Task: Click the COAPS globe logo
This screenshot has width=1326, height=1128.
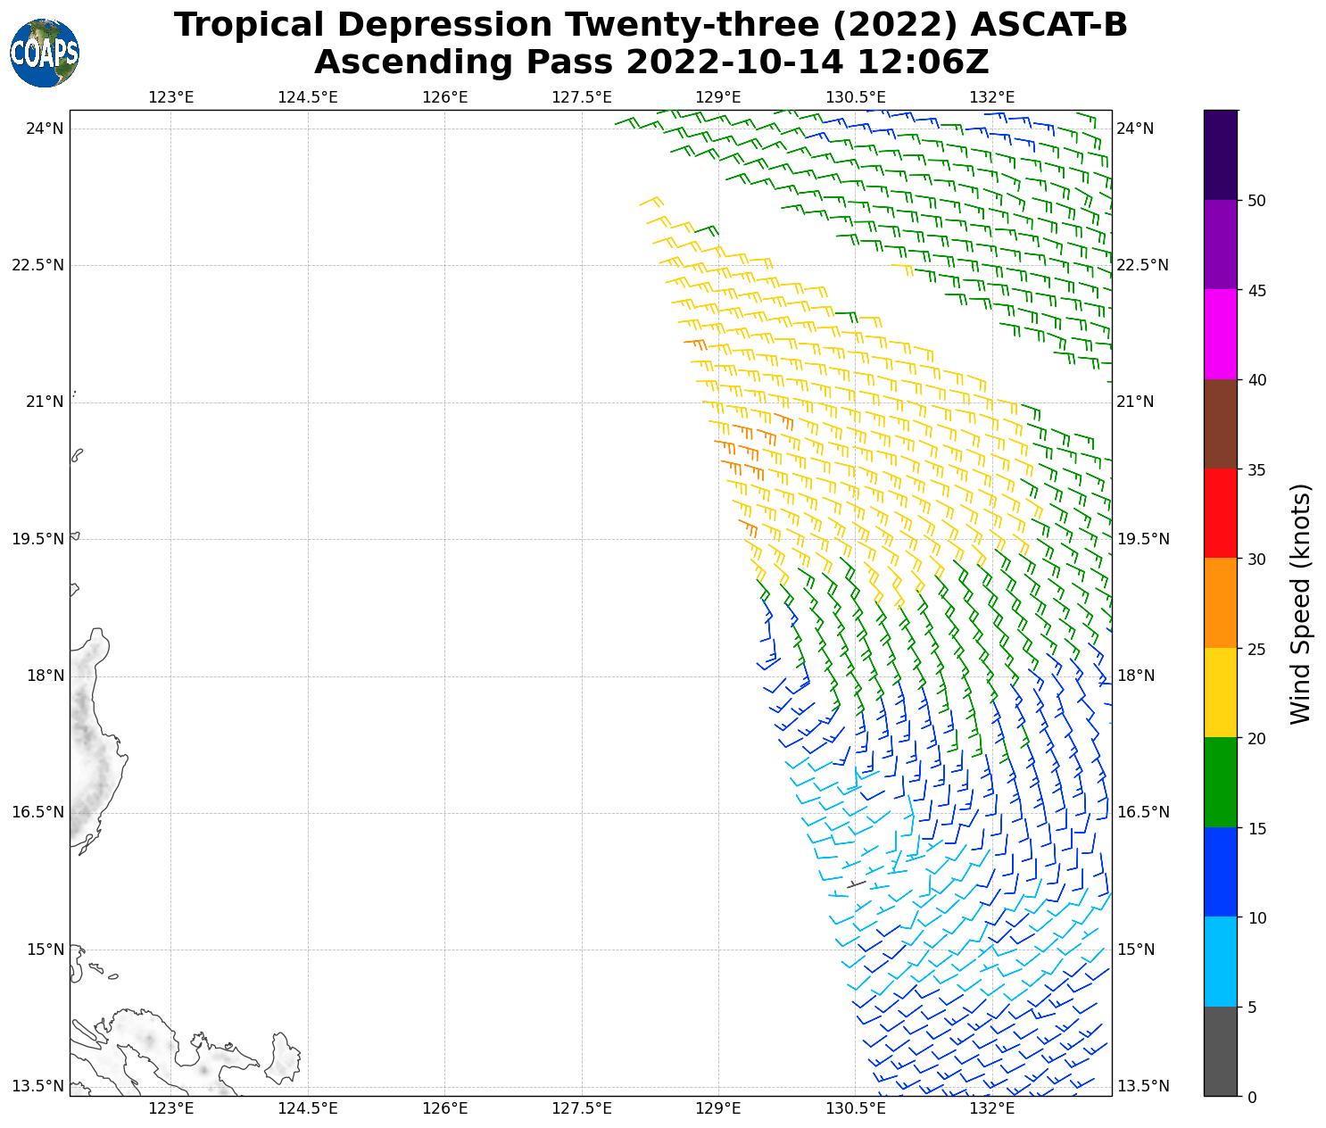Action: pyautogui.click(x=45, y=54)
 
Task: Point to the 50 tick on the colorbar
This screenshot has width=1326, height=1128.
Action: pyautogui.click(x=1256, y=201)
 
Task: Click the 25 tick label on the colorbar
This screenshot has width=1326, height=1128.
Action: pyautogui.click(x=1256, y=649)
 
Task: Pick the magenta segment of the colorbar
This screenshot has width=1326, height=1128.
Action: pyautogui.click(x=1220, y=334)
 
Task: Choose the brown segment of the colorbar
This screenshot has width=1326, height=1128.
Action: pyautogui.click(x=1220, y=424)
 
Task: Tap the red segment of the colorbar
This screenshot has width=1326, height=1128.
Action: pyautogui.click(x=1220, y=513)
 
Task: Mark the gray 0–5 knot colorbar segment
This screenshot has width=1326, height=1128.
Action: pyautogui.click(x=1220, y=1050)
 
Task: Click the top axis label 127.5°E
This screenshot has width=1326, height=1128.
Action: pyautogui.click(x=582, y=97)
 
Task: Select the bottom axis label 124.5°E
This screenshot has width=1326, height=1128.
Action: pyautogui.click(x=308, y=1109)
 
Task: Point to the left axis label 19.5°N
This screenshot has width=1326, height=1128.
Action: pyautogui.click(x=38, y=539)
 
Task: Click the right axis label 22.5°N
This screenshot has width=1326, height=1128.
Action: pyautogui.click(x=1142, y=265)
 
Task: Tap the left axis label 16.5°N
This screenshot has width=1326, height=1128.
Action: pyautogui.click(x=38, y=812)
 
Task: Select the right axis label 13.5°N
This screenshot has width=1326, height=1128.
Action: pyautogui.click(x=1142, y=1086)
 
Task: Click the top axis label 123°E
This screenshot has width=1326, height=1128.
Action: pyautogui.click(x=171, y=97)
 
